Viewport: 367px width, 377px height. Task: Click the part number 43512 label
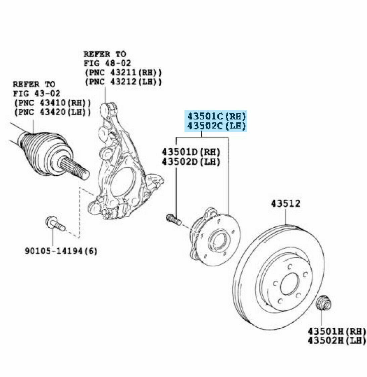click(x=285, y=204)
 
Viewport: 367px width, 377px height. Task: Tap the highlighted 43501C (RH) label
click(x=216, y=116)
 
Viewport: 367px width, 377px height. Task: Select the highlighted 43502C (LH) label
click(x=216, y=126)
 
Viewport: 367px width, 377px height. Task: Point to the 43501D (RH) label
click(x=191, y=152)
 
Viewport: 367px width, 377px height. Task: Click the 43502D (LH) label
click(x=191, y=162)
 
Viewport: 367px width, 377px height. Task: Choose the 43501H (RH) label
click(x=337, y=331)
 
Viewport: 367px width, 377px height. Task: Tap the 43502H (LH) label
click(x=337, y=341)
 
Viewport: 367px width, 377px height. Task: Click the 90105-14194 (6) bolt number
click(x=61, y=251)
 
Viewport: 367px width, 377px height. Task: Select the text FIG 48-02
click(x=107, y=63)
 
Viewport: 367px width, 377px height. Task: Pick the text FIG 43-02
click(x=37, y=93)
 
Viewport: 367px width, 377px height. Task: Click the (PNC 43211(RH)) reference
click(x=123, y=72)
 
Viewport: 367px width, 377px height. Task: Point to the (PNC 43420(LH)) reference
click(x=52, y=112)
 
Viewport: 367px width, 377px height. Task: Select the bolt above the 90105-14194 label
click(x=55, y=223)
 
